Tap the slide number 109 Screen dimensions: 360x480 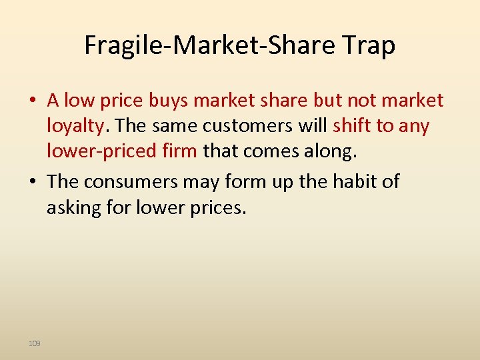click(x=35, y=343)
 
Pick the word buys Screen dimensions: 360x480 click(x=169, y=101)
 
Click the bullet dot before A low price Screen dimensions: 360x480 click(x=32, y=101)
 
